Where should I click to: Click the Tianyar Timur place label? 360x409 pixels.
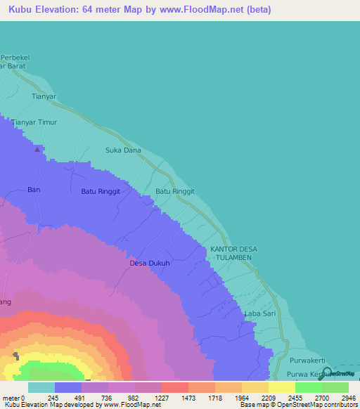point(34,122)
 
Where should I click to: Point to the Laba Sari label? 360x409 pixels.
point(259,313)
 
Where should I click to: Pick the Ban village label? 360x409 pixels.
point(34,190)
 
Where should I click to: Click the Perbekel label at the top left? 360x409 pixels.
point(18,57)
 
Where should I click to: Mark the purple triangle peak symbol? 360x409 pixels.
point(37,148)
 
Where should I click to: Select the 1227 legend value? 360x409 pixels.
point(161,398)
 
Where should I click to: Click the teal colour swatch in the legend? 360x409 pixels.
point(41,387)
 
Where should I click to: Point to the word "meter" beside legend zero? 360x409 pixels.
point(11,398)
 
